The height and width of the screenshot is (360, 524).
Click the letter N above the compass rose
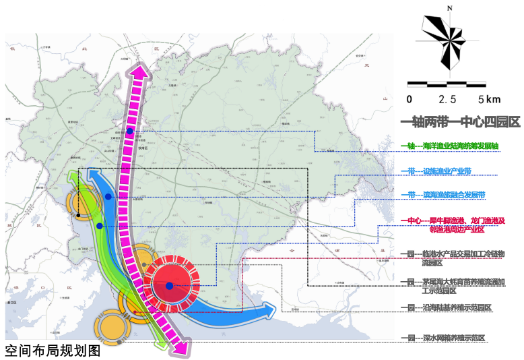(x=447, y=9)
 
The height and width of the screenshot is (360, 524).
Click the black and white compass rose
(x=447, y=41)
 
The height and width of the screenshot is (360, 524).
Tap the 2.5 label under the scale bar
(x=447, y=99)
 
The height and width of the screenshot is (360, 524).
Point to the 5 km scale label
(x=489, y=99)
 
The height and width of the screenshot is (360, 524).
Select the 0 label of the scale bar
(x=409, y=99)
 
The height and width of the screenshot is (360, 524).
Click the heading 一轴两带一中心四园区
(x=461, y=122)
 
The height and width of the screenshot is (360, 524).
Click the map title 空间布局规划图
(x=53, y=351)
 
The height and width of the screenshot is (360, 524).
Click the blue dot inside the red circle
(x=169, y=286)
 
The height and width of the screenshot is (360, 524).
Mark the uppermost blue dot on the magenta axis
(x=130, y=130)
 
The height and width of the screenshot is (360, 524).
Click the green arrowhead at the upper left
(x=75, y=178)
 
